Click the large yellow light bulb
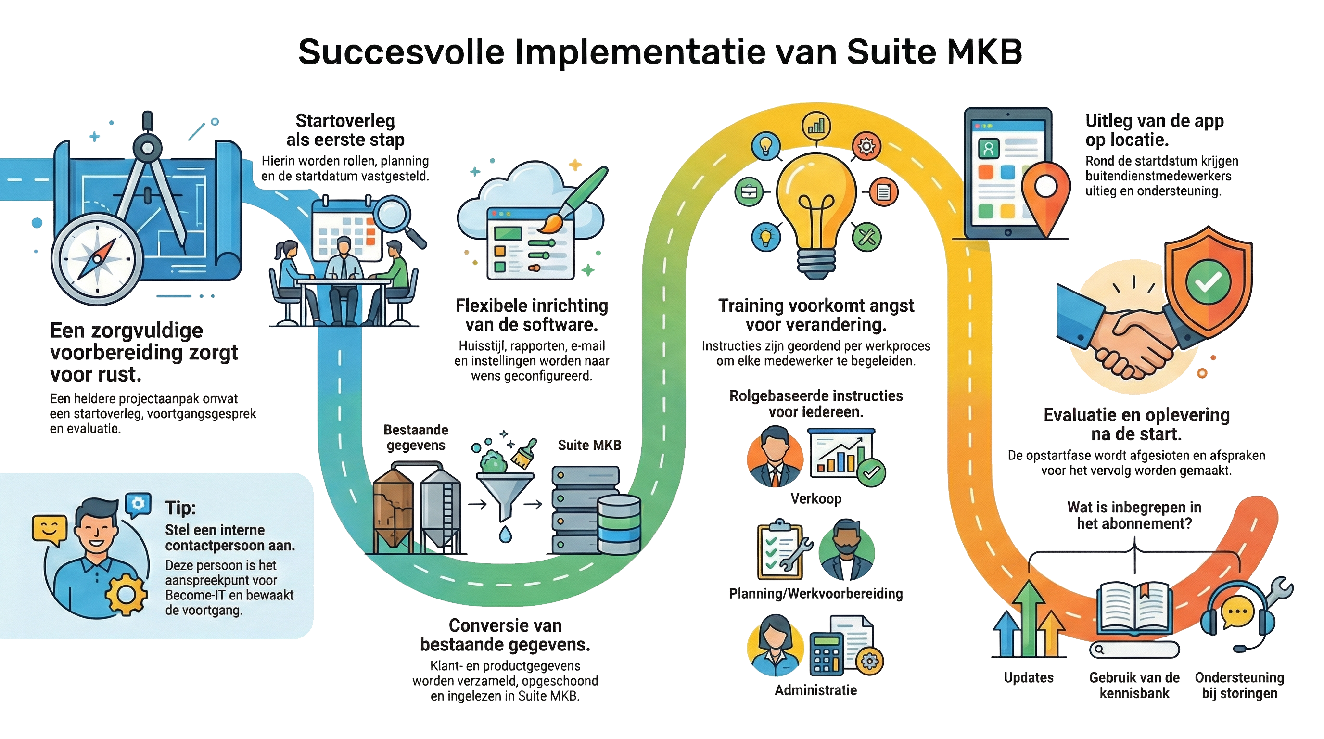[816, 205]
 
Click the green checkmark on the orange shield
[1207, 281]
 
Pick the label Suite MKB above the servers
[589, 445]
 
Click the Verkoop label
[815, 498]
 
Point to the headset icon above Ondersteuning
[1239, 614]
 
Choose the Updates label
[1029, 677]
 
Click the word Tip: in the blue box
[180, 508]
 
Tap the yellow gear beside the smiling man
[126, 595]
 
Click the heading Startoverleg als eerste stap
[345, 130]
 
